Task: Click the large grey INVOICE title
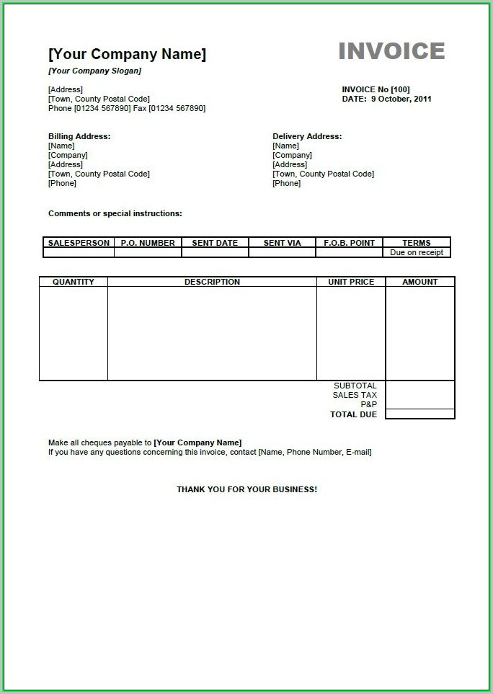tap(391, 51)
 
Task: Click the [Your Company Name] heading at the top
tap(127, 54)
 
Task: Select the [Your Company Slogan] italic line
tap(94, 71)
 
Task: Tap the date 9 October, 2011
tap(401, 99)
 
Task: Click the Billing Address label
tap(79, 136)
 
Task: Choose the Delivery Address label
tap(307, 136)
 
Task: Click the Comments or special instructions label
tap(115, 213)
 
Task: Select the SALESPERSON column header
tap(79, 243)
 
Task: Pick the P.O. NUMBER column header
tap(148, 243)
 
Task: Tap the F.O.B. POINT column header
tap(349, 243)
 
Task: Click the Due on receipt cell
tap(417, 252)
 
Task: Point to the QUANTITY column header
tap(74, 282)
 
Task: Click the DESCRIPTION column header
tap(212, 282)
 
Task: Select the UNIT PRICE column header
tap(351, 282)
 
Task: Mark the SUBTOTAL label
tap(355, 386)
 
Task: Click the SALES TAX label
tap(355, 395)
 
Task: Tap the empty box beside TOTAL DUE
tap(420, 414)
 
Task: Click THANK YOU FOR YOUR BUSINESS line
tap(246, 489)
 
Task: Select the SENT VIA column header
tap(282, 243)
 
